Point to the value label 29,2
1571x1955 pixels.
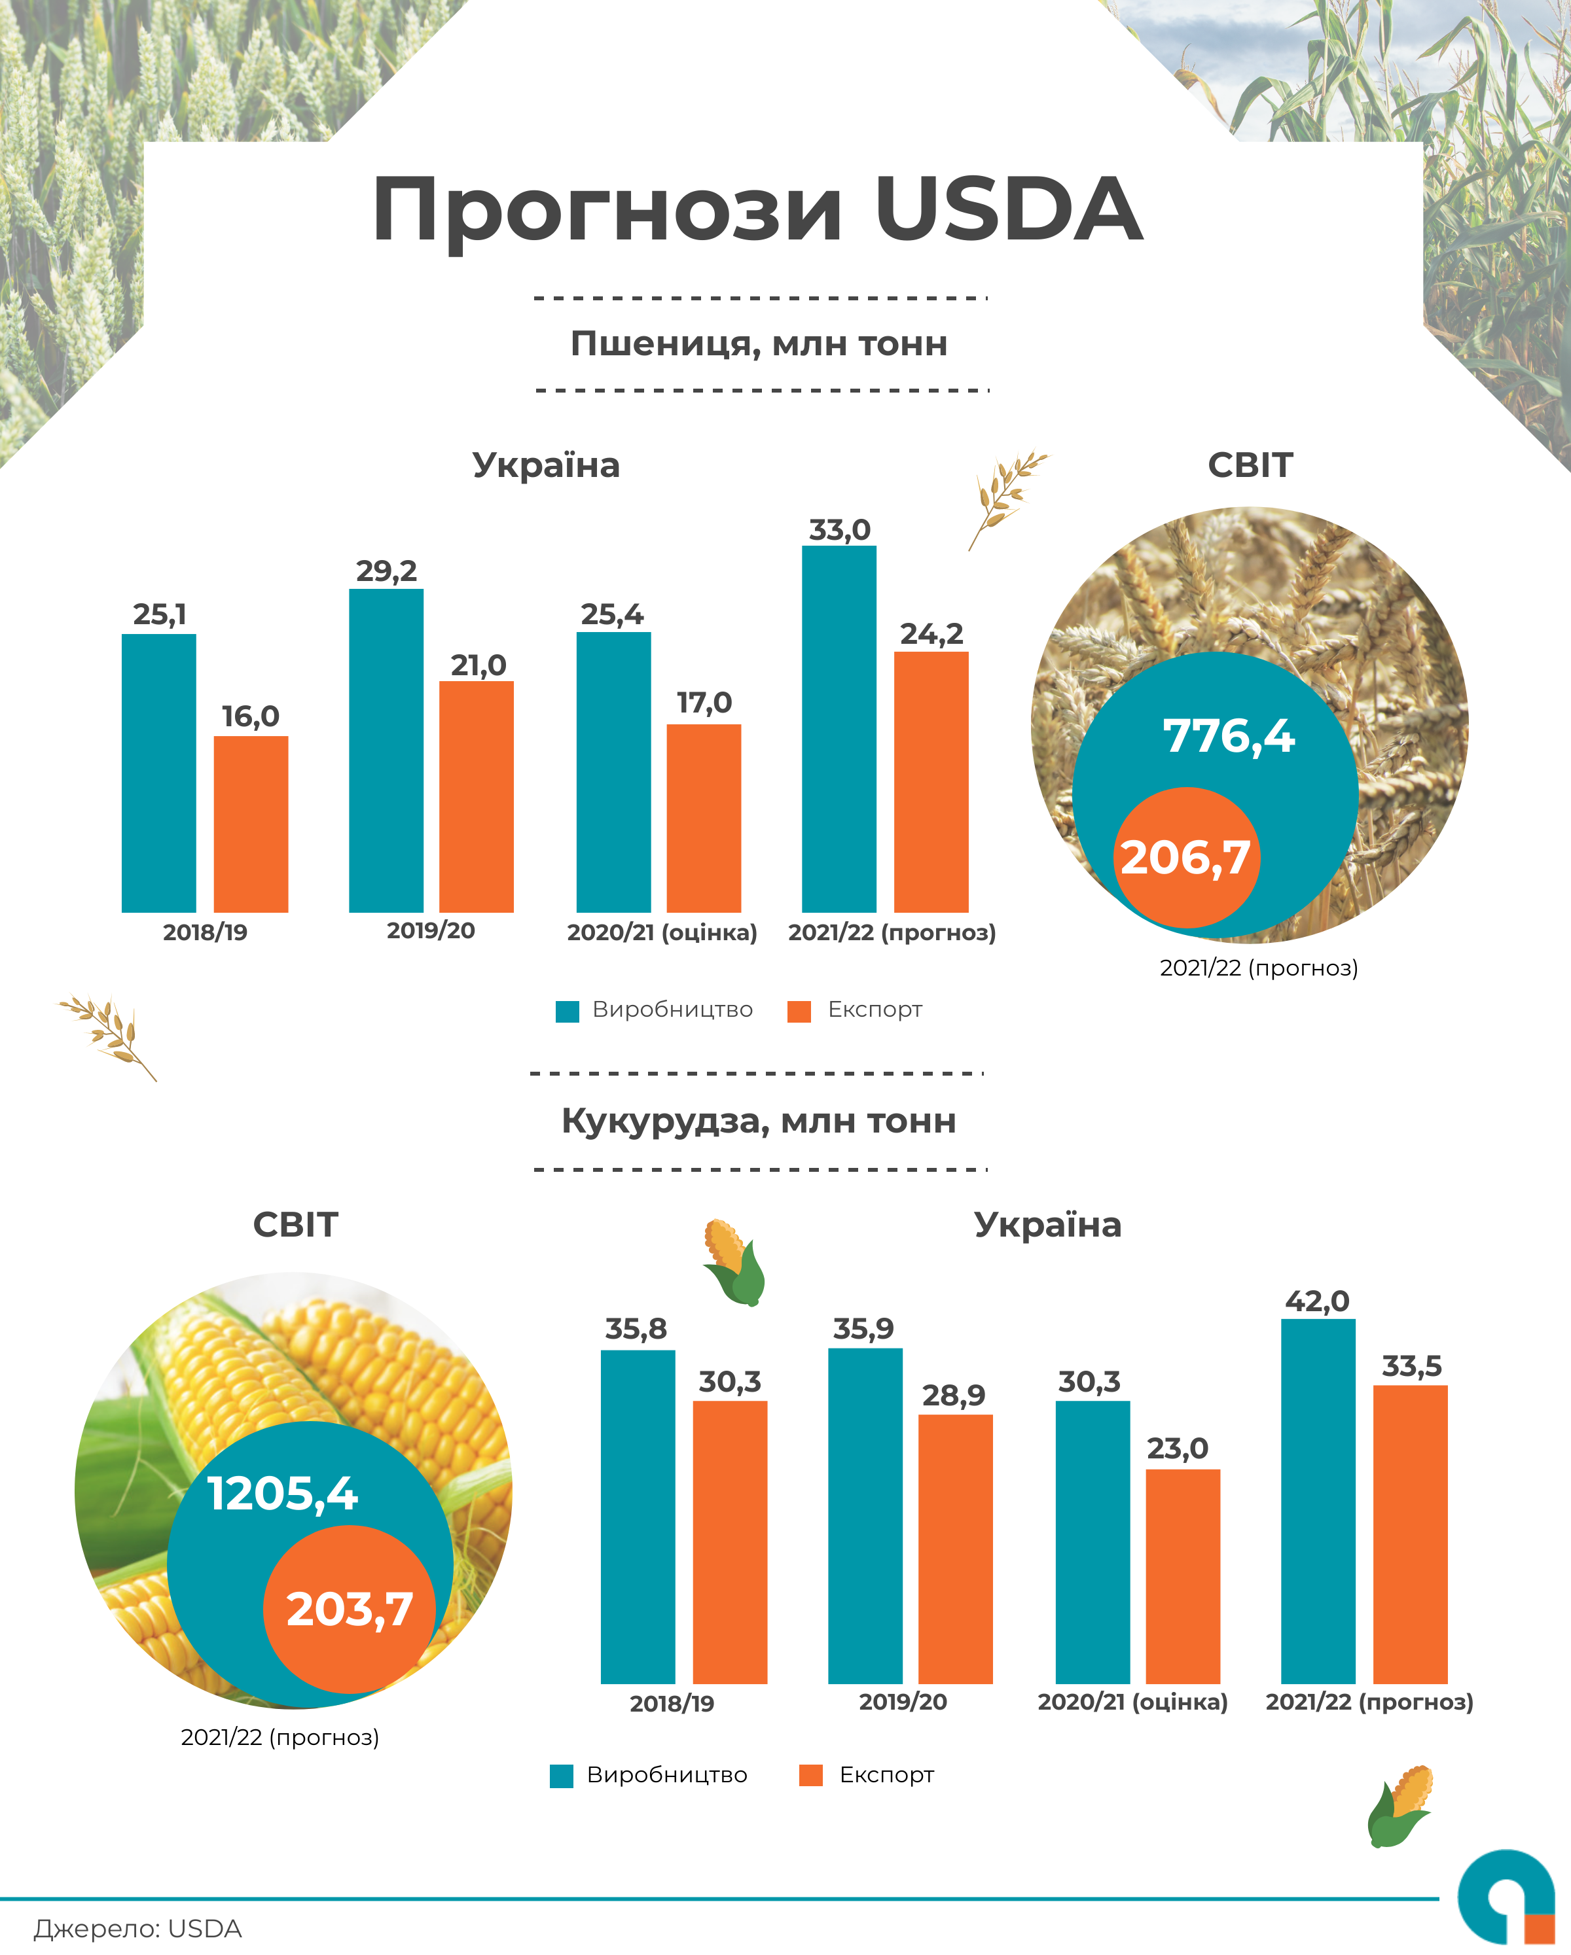point(386,571)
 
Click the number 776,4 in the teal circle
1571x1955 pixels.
point(1229,735)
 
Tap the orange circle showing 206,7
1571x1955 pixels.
point(1185,858)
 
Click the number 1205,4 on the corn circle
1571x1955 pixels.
point(283,1494)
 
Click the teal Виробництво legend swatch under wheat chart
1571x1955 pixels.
point(567,1011)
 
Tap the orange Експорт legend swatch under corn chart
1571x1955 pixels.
point(811,1776)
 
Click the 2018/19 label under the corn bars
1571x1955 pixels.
point(672,1704)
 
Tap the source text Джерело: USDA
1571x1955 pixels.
point(138,1929)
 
